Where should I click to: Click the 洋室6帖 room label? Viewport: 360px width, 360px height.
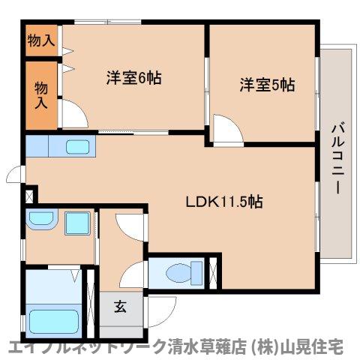[x=133, y=77]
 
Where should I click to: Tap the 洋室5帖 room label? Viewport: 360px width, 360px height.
[x=267, y=84]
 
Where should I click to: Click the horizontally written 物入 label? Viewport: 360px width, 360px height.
[x=40, y=40]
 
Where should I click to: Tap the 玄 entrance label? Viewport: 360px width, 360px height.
[x=120, y=306]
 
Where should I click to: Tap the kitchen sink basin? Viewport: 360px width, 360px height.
[x=77, y=146]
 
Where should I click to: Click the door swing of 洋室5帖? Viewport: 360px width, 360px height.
[x=225, y=128]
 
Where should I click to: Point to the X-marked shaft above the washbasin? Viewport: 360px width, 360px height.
[x=29, y=196]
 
